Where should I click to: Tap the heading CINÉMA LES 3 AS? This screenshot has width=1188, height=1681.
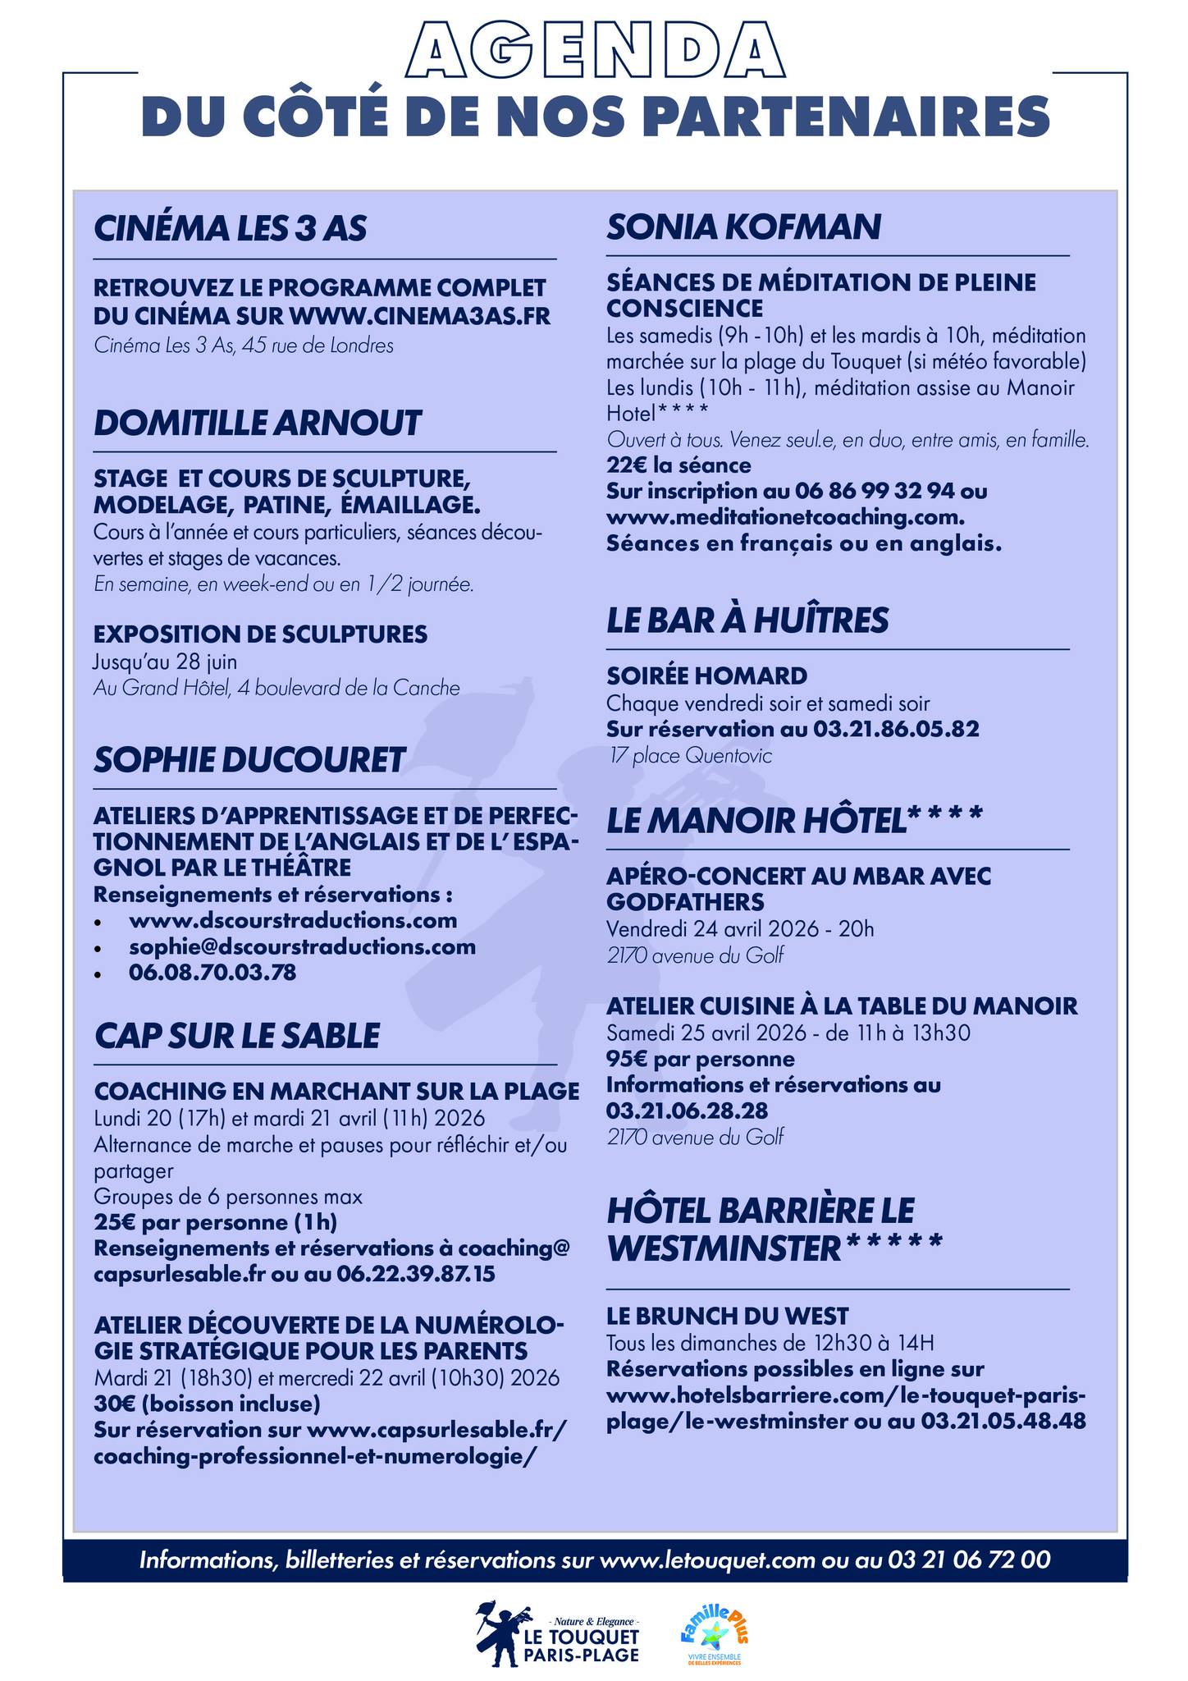coord(231,228)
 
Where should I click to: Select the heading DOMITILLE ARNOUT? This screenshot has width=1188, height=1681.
coord(258,424)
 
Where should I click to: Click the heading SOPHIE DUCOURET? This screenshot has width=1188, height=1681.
coord(249,760)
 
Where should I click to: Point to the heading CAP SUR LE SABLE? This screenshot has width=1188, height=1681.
coord(237,1036)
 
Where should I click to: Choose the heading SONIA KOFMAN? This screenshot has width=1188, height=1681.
coord(744,227)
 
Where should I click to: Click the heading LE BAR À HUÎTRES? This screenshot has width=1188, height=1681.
coord(747,621)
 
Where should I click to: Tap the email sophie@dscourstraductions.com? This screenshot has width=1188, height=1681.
coord(302,946)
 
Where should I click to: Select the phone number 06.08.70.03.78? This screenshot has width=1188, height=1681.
coord(212,973)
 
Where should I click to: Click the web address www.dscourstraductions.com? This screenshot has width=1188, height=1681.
coord(293,920)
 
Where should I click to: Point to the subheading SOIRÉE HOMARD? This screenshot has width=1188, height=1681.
coord(707,676)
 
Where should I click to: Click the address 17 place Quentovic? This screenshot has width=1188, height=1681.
coord(690,755)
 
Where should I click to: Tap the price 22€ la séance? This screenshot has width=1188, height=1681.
coord(679,465)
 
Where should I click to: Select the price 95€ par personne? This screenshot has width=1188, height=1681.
coord(701,1058)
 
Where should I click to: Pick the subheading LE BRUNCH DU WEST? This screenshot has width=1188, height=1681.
coord(728,1317)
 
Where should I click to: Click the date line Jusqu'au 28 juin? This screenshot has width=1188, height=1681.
coord(166,661)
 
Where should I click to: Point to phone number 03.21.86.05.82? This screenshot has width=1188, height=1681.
coord(896,729)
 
